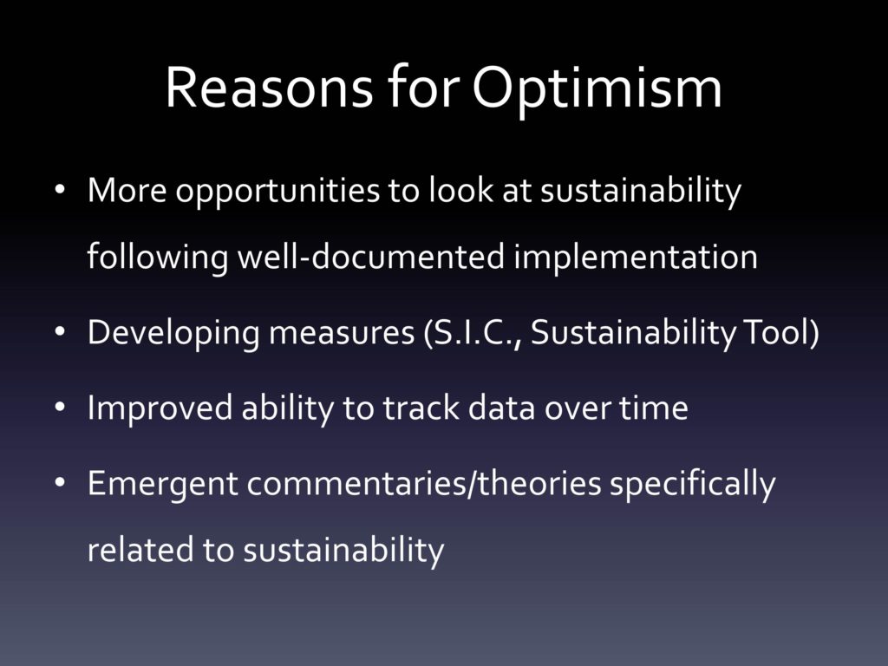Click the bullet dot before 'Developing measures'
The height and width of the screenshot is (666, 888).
60,332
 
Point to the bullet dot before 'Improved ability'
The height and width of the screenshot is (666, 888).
60,408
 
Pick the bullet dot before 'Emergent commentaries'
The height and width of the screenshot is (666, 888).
60,483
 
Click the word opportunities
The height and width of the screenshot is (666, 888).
277,192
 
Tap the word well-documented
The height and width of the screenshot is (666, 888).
370,257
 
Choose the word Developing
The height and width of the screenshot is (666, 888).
173,334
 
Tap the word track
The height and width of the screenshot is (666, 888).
421,408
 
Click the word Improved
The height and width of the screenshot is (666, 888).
160,409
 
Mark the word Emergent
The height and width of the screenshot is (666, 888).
162,486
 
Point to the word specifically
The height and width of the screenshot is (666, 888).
693,486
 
